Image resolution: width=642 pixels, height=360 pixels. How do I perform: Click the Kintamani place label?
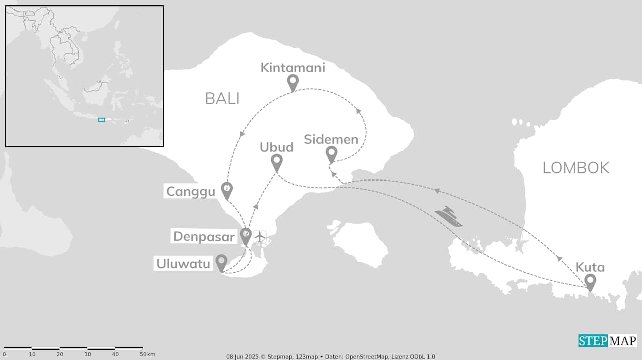(x=292, y=68)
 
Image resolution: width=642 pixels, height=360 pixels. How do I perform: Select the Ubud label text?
(x=276, y=147)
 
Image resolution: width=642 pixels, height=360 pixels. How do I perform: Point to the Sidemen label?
(x=331, y=139)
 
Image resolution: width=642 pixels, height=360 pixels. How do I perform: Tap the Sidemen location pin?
(x=331, y=154)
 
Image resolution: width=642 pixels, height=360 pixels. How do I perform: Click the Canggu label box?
(x=190, y=191)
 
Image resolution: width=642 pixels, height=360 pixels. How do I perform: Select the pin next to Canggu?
(x=227, y=190)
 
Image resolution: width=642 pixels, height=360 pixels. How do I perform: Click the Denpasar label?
(x=204, y=236)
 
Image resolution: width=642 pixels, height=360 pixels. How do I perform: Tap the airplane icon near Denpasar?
(x=259, y=236)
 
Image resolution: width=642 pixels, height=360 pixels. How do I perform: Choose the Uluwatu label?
(x=183, y=263)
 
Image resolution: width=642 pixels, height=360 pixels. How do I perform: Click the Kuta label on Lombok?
(x=590, y=267)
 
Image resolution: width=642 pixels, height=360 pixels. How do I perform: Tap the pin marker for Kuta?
(x=590, y=282)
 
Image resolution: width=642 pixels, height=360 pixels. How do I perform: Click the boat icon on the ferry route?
(x=448, y=216)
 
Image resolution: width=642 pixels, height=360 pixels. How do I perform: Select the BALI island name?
(x=222, y=99)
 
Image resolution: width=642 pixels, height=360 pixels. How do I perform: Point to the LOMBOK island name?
(x=576, y=168)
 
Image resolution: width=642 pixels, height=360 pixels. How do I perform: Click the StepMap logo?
(x=607, y=341)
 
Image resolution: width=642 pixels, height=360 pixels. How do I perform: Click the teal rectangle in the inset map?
(x=101, y=120)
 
